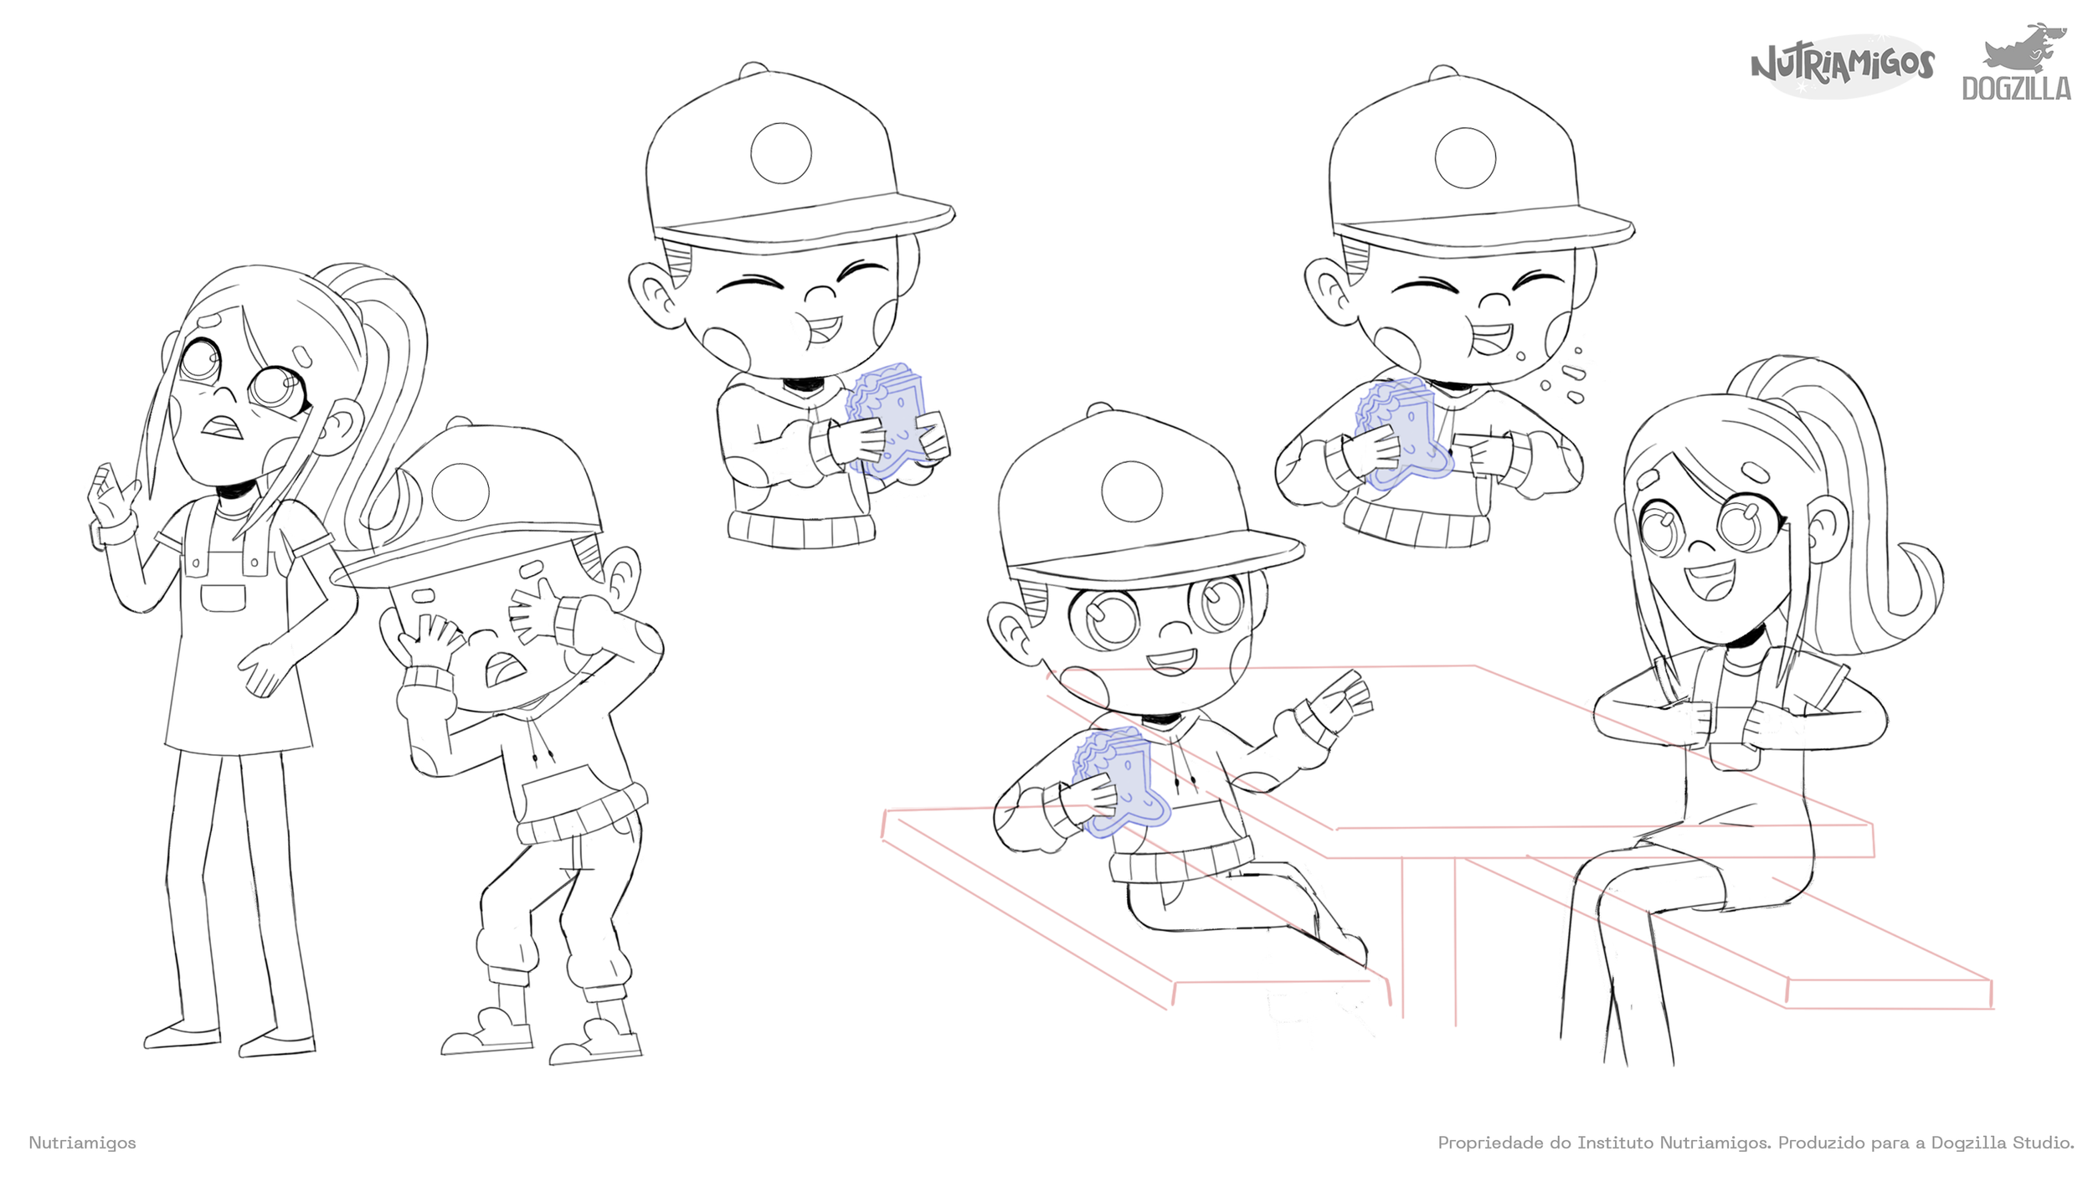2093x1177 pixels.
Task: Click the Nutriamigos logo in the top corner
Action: pyautogui.click(x=1842, y=65)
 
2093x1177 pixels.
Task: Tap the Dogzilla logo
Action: pyautogui.click(x=2017, y=63)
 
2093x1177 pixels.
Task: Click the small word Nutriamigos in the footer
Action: pyautogui.click(x=82, y=1143)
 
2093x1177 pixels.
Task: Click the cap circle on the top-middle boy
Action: pyautogui.click(x=781, y=153)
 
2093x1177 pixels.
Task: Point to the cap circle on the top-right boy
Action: pyautogui.click(x=1465, y=157)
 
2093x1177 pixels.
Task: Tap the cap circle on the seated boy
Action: pyautogui.click(x=1132, y=491)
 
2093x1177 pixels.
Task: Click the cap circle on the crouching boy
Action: pyautogui.click(x=460, y=492)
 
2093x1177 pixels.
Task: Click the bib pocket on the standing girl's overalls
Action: pyautogui.click(x=224, y=599)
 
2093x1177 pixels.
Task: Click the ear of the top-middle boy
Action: pyautogui.click(x=655, y=293)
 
